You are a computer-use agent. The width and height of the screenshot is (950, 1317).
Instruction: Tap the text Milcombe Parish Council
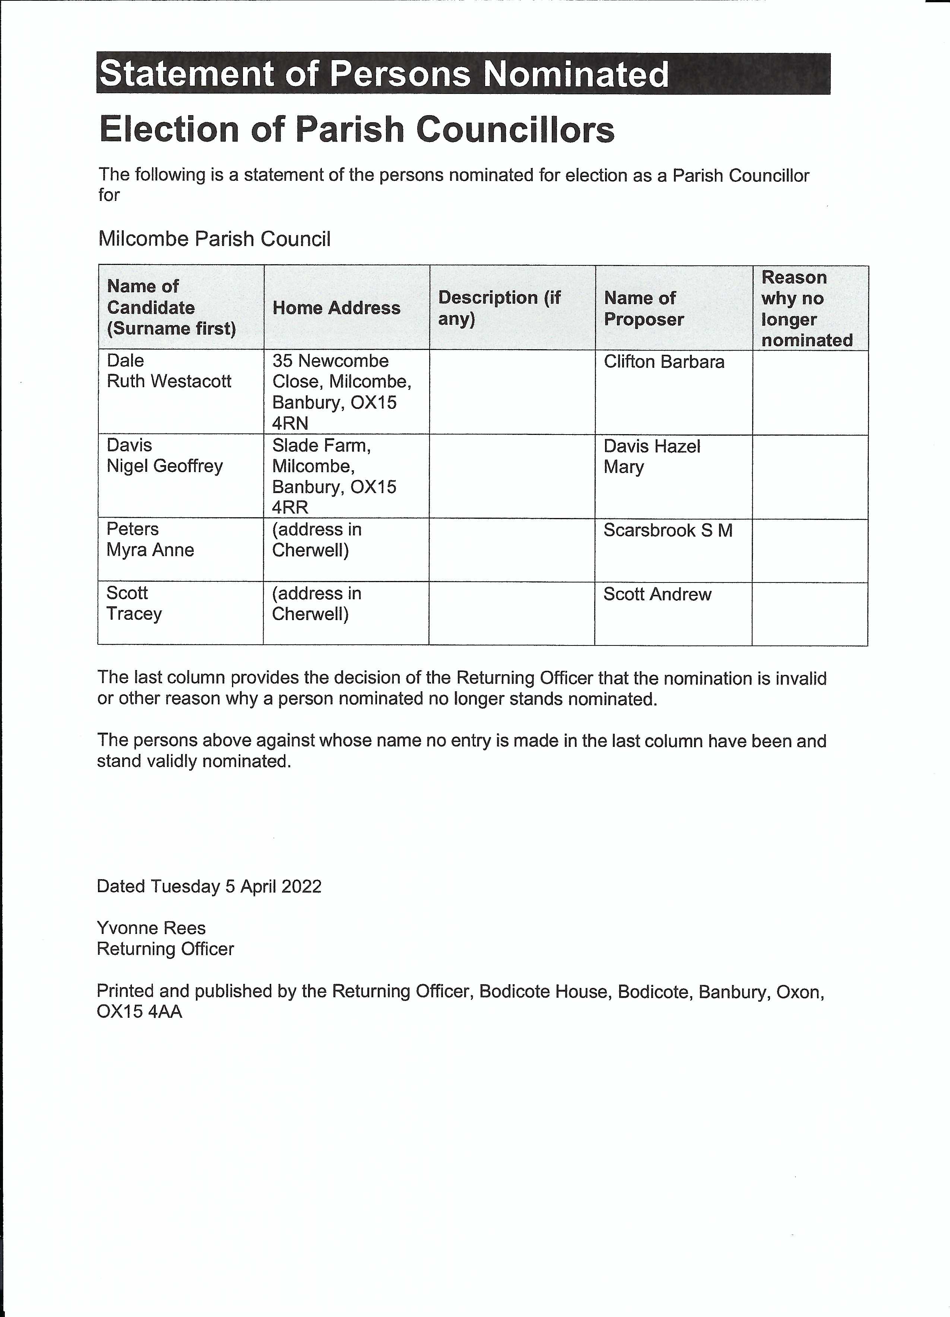coord(214,239)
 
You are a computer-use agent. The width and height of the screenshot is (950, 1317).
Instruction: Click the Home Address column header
coord(336,308)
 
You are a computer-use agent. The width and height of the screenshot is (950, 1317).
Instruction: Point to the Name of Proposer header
coord(644,308)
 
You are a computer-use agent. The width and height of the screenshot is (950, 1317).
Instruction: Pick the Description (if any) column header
coord(499,308)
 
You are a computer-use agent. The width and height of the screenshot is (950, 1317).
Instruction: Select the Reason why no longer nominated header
coord(807,308)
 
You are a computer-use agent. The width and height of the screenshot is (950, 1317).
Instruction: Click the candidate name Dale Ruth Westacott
coord(169,371)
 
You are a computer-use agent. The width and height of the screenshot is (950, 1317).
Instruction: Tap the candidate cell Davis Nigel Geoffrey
coord(165,455)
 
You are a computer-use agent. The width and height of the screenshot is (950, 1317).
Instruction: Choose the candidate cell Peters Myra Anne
coord(150,540)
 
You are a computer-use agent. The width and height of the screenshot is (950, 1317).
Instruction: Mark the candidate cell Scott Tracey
coord(134,603)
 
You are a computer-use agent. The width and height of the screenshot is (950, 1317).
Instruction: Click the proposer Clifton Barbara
coord(664,362)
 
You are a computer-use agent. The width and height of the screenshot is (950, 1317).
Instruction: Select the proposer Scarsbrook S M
coord(668,530)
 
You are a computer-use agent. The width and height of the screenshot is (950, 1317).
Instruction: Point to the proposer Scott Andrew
coord(657,594)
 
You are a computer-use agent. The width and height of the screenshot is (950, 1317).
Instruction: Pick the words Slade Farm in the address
coord(321,445)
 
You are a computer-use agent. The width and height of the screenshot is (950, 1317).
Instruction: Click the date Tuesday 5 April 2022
coord(235,886)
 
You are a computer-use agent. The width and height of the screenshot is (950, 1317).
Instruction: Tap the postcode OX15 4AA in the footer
coord(139,1011)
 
